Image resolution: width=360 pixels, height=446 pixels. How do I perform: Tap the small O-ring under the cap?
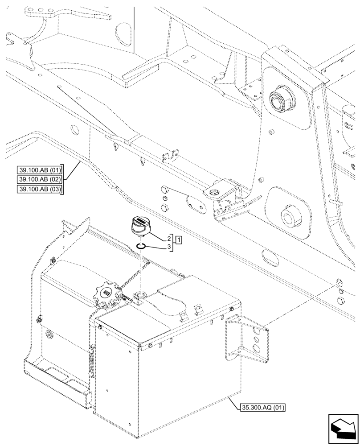pos(141,245)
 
